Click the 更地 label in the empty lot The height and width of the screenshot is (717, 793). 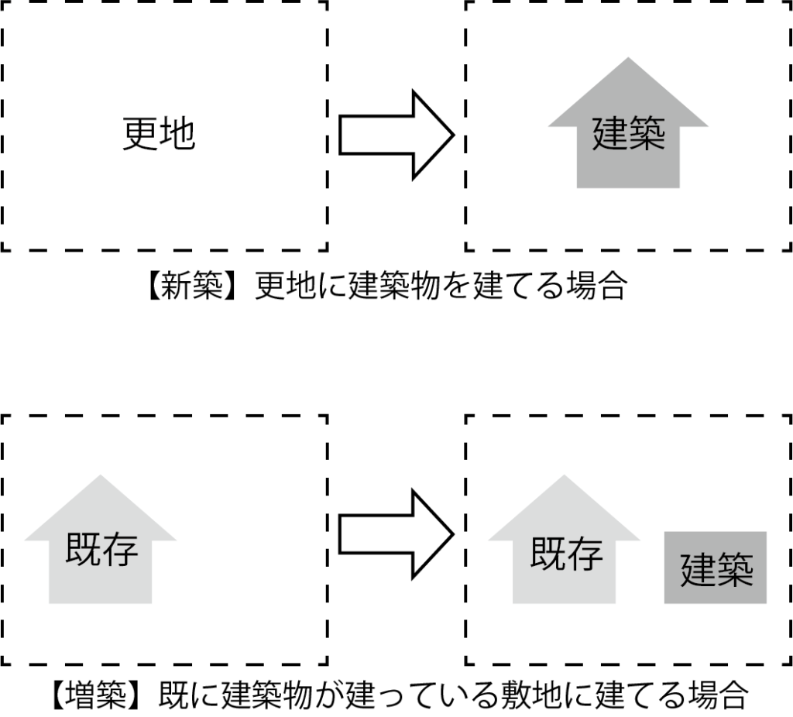(159, 134)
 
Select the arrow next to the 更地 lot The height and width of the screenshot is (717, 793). (395, 135)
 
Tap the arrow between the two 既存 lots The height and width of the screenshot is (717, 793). (395, 533)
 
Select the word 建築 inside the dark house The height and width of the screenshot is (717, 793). (628, 133)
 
